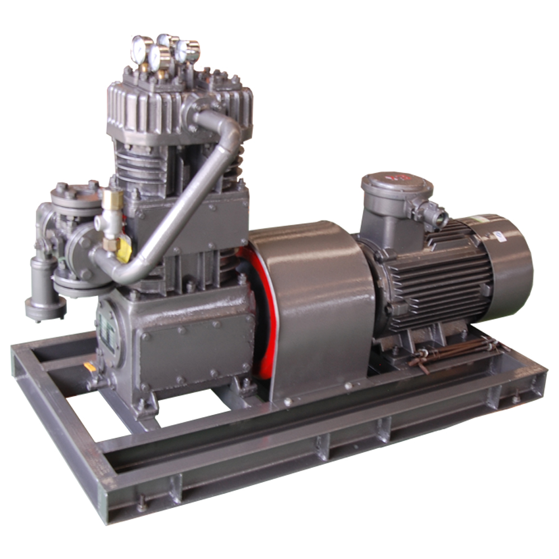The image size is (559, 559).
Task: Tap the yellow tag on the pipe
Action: (x=124, y=250)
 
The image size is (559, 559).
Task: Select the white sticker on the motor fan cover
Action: (x=499, y=235)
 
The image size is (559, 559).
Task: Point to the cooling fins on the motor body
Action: (x=442, y=279)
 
